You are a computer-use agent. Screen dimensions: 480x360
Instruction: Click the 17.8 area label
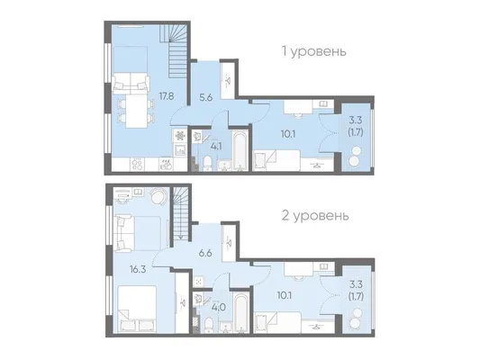(x=167, y=96)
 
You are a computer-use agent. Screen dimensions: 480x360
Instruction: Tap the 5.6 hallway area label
(x=206, y=98)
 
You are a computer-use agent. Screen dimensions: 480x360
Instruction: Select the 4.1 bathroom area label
(x=216, y=147)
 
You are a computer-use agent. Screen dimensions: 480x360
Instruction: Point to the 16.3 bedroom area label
(x=138, y=269)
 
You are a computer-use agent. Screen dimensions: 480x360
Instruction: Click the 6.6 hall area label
(x=205, y=253)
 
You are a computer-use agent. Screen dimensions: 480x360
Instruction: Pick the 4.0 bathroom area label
(x=219, y=307)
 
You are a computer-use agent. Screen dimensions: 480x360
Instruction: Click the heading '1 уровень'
(x=314, y=51)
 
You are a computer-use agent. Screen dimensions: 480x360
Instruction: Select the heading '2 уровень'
(x=315, y=216)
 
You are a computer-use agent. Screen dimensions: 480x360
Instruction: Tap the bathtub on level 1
(x=240, y=150)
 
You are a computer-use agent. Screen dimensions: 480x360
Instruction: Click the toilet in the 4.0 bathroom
(x=209, y=325)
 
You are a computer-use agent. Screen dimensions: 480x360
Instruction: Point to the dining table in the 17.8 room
(x=136, y=111)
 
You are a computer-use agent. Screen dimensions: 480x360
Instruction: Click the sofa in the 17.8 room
(x=131, y=83)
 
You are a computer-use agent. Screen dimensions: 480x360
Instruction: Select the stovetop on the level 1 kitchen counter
(x=137, y=164)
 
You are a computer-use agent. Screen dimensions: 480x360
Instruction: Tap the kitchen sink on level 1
(x=180, y=149)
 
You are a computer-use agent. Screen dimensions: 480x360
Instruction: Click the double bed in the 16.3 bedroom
(x=136, y=309)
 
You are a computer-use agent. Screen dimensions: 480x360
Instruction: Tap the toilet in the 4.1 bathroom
(x=207, y=163)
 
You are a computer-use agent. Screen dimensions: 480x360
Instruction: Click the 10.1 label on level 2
(x=285, y=296)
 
